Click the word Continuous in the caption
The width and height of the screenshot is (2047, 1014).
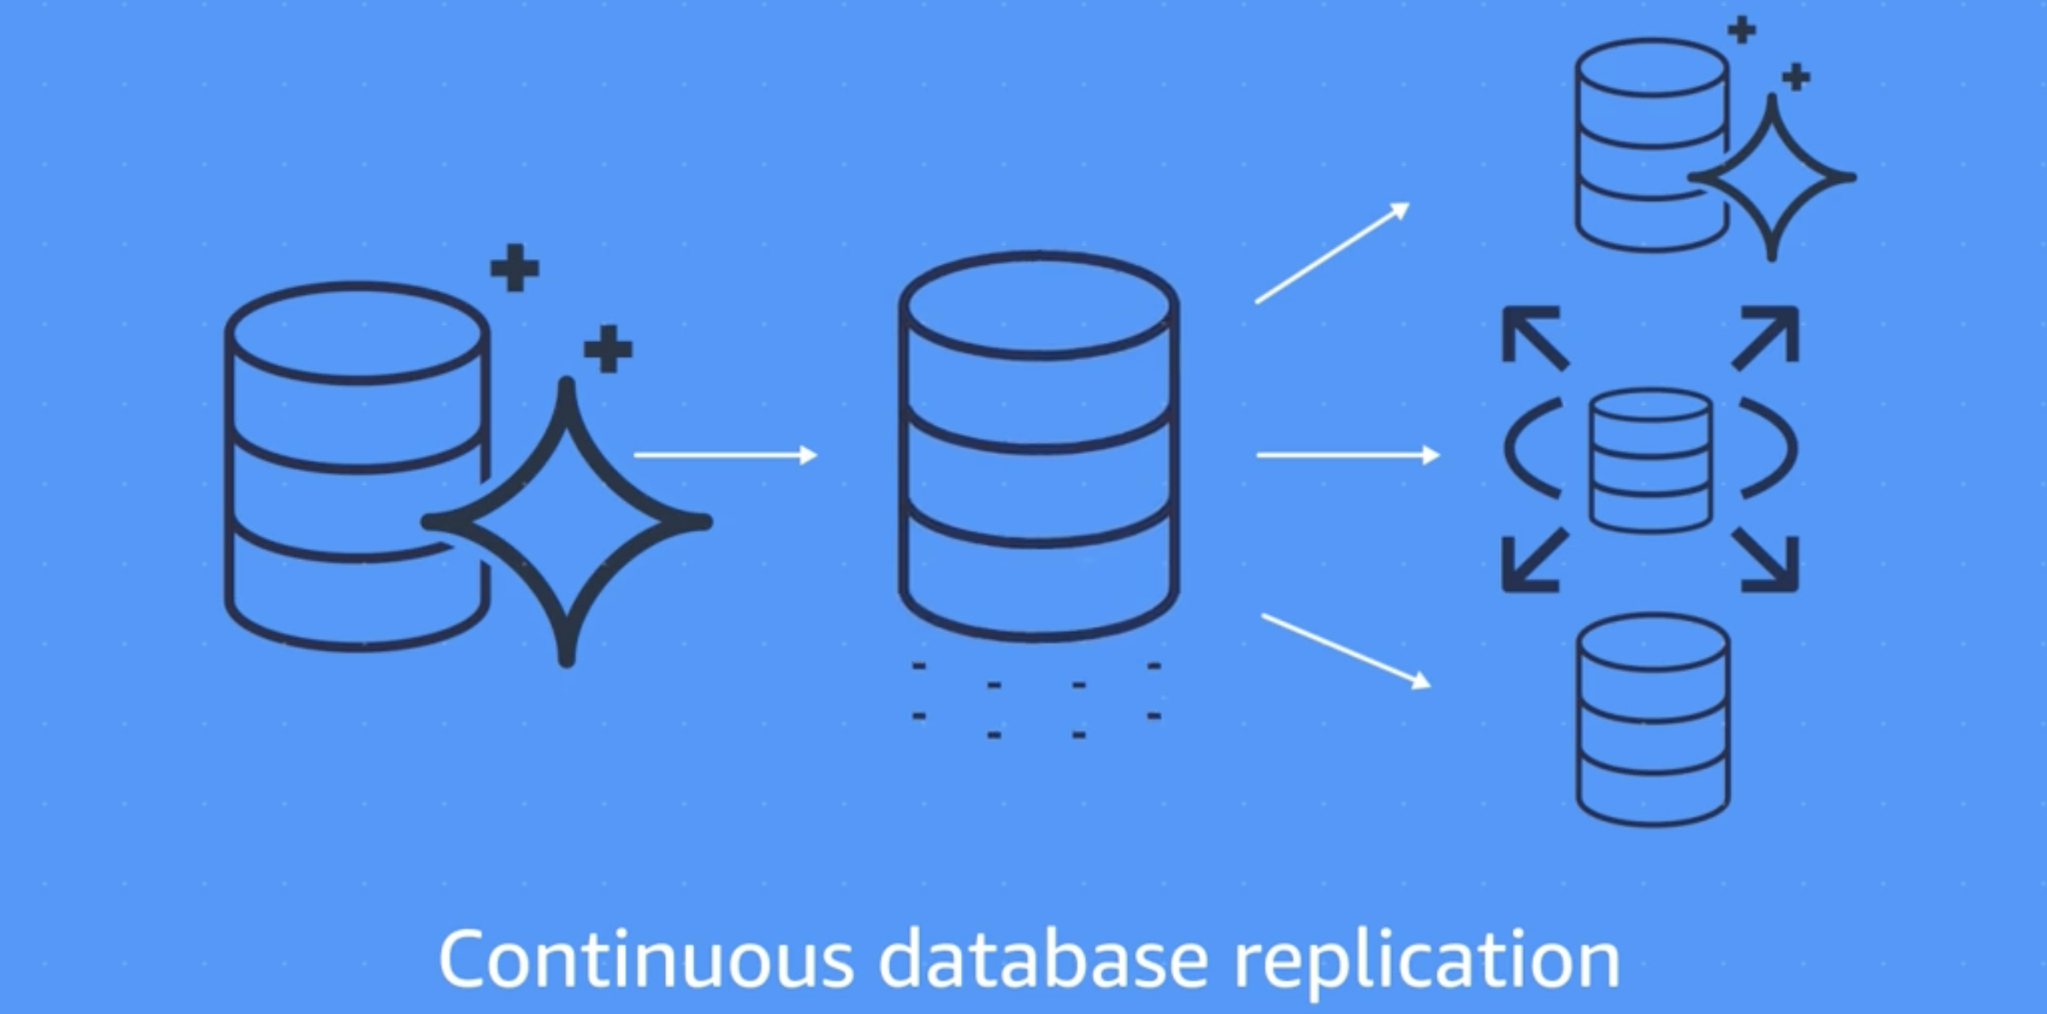tap(646, 959)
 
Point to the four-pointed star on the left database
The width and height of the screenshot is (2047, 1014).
tap(566, 522)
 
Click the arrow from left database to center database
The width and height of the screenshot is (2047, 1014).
tap(725, 455)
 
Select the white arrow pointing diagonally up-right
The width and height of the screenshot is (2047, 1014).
tap(1332, 253)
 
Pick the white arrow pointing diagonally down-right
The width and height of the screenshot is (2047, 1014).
tap(1346, 651)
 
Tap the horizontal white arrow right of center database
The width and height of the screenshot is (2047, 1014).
tap(1348, 455)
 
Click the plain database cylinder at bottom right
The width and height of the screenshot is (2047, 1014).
tap(1653, 719)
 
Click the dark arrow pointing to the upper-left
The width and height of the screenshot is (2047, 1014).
tap(1534, 337)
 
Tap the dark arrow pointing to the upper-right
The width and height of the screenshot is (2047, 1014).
tap(1767, 337)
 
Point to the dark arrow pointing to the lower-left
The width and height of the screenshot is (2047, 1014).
tap(1534, 561)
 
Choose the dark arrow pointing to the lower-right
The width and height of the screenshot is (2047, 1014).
tap(1767, 561)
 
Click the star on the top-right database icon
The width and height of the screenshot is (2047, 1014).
tap(1772, 178)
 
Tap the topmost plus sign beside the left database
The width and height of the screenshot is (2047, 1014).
tap(514, 268)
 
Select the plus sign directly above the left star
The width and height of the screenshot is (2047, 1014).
tap(608, 349)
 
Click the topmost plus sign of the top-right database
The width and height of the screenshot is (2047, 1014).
tap(1742, 30)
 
